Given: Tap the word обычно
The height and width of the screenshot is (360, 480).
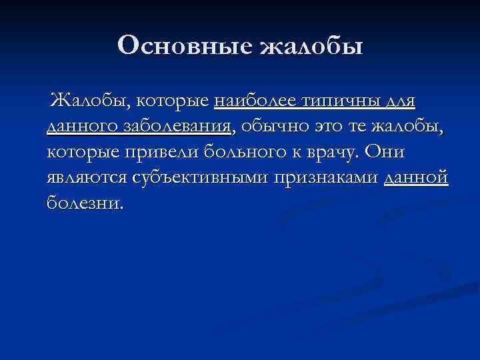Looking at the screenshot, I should coord(273,127).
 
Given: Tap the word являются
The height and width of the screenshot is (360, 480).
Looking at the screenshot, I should coord(87,177).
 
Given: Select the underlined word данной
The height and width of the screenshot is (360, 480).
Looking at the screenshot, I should coord(417,177).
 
